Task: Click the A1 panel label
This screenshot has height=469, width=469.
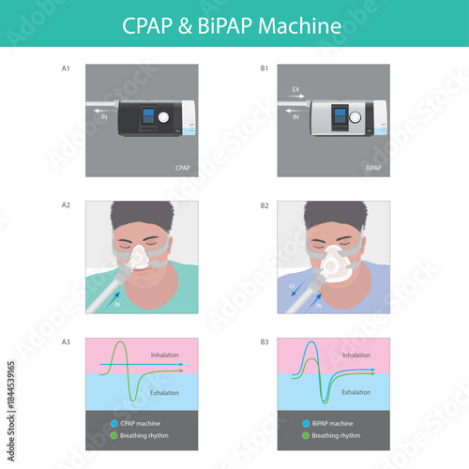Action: [65, 68]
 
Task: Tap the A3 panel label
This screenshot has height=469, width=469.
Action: [65, 342]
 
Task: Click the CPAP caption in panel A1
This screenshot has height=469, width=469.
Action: [183, 169]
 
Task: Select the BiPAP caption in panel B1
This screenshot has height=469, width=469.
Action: [373, 169]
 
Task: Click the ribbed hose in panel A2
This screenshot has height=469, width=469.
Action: [105, 291]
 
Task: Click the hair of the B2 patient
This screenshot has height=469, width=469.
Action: [333, 216]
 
